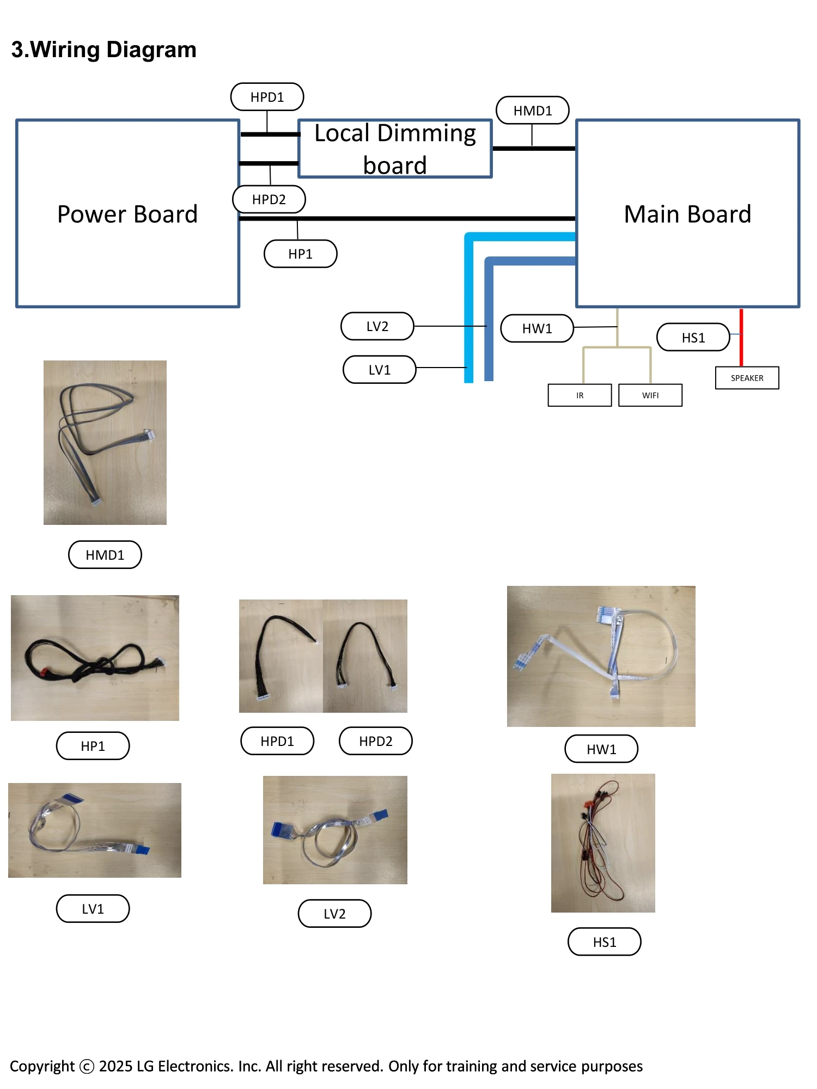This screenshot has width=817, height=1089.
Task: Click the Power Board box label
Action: [x=127, y=214]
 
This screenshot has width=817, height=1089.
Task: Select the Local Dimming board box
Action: [x=395, y=149]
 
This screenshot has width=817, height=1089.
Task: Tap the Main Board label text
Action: [x=687, y=214]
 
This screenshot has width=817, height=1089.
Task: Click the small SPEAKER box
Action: [x=747, y=378]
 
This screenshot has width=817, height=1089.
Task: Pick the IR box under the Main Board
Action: [x=580, y=395]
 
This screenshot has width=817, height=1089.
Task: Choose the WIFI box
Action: [x=650, y=395]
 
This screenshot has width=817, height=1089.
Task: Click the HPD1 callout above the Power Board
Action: [x=267, y=97]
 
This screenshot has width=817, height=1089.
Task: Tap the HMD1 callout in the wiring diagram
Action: [x=533, y=111]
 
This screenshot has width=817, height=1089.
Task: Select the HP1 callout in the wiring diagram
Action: [x=300, y=254]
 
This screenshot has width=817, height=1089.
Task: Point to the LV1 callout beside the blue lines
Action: [x=379, y=370]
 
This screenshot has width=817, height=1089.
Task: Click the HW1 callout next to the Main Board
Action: [x=537, y=328]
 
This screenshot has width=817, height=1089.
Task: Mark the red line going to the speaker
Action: [x=741, y=338]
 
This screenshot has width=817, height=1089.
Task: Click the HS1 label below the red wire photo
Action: [x=604, y=942]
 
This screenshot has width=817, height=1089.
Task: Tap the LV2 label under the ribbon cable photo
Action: [x=334, y=914]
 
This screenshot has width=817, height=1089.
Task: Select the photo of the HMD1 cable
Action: [x=105, y=442]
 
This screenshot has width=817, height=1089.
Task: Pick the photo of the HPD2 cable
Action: [x=365, y=656]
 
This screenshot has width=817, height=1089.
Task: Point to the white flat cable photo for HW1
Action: [x=601, y=656]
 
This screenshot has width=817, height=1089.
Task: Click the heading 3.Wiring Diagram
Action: [x=103, y=50]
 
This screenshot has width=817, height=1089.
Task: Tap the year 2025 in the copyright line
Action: [x=115, y=1066]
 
